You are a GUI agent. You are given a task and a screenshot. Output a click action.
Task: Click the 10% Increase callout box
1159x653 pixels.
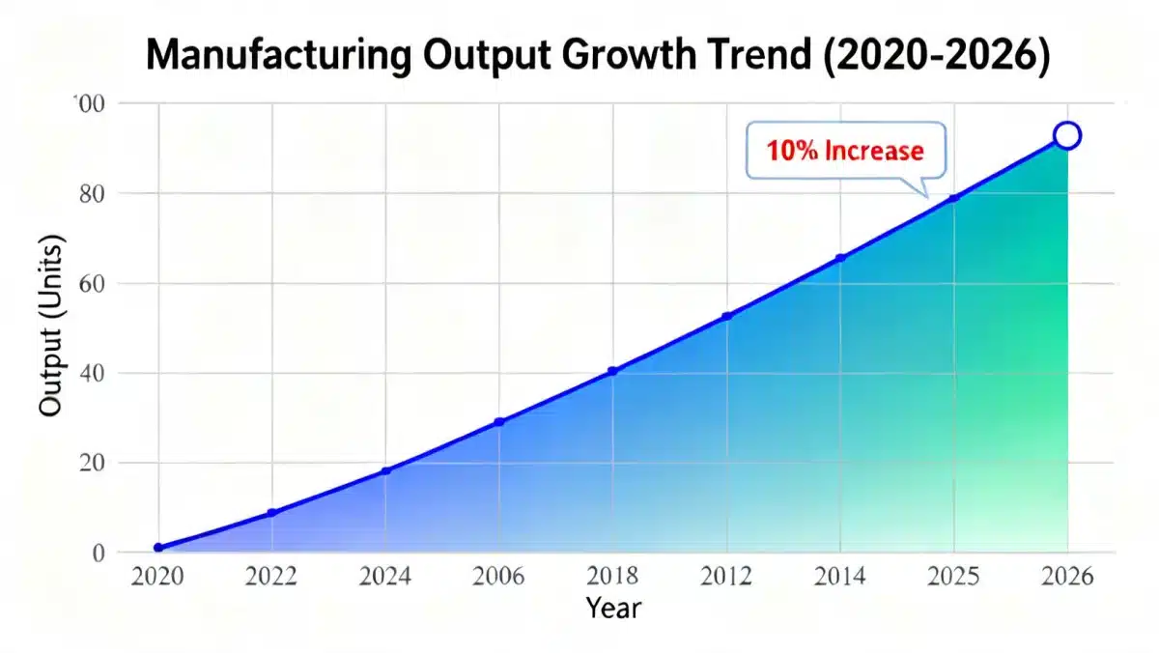pos(845,151)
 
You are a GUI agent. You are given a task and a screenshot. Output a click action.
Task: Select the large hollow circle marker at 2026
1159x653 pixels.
pos(1067,136)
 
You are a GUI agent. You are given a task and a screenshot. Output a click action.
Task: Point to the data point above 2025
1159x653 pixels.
pos(954,198)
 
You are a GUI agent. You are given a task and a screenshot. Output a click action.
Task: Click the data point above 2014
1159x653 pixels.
pos(840,258)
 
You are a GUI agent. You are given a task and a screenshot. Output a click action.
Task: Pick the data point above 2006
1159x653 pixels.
pos(499,422)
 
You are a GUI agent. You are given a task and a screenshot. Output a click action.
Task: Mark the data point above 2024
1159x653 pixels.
pos(386,470)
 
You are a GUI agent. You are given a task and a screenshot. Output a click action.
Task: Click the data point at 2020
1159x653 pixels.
pos(158,548)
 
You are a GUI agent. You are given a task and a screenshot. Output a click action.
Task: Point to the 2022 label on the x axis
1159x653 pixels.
pos(271,578)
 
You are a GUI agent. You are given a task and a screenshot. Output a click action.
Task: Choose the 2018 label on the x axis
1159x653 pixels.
pos(612,578)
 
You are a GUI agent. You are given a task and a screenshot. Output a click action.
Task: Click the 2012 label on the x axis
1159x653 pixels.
pos(726,578)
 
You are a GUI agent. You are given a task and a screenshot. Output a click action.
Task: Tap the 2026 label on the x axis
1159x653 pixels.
pos(1067,578)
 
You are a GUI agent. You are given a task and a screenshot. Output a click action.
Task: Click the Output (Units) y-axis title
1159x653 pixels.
pos(50,326)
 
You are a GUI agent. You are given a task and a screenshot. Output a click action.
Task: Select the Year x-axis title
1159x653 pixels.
pos(612,609)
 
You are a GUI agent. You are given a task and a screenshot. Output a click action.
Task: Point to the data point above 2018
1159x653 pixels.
pos(612,371)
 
